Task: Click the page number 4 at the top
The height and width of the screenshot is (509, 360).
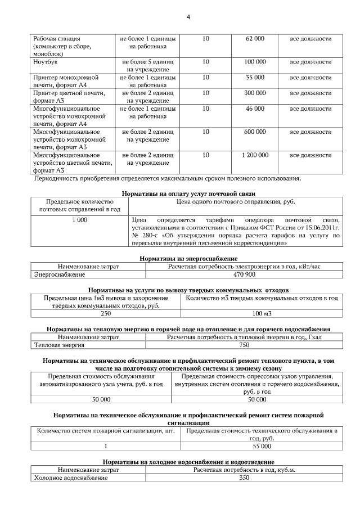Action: (x=188, y=17)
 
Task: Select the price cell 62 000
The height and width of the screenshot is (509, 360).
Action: (x=255, y=39)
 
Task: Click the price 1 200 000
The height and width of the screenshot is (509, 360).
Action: (x=255, y=155)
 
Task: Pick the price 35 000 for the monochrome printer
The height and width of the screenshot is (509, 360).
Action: (x=255, y=77)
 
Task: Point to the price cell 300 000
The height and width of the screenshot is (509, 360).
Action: (x=255, y=93)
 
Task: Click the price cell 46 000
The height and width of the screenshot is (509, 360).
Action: (x=255, y=109)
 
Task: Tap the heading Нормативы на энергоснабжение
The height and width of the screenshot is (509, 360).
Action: (x=180, y=258)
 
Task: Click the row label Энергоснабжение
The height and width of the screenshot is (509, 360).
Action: (x=60, y=274)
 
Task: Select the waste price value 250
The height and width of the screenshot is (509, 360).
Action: (x=105, y=313)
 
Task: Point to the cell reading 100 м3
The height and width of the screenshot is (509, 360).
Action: (x=262, y=313)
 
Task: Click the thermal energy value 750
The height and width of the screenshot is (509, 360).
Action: (x=244, y=345)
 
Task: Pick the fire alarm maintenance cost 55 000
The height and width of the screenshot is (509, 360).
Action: (x=262, y=446)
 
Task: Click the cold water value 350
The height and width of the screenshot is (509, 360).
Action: (x=244, y=478)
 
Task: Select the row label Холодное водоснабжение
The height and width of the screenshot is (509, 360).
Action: (x=71, y=478)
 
